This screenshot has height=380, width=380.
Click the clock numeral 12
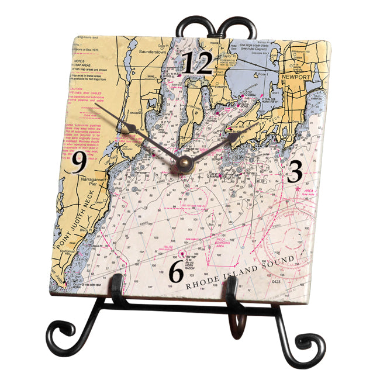tap(196, 63)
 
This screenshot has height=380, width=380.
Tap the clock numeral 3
tap(295, 172)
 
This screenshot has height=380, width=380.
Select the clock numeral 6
tap(176, 271)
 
